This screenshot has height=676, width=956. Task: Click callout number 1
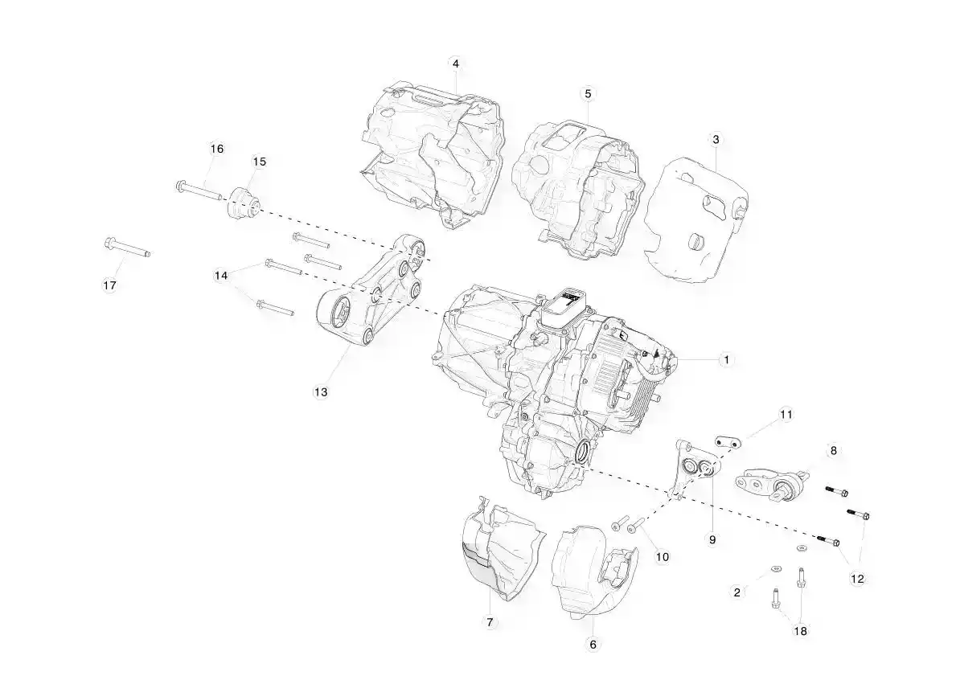tap(725, 359)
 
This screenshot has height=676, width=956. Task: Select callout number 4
tap(455, 64)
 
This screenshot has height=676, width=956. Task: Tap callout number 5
tap(588, 93)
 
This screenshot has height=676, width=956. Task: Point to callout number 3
tap(716, 139)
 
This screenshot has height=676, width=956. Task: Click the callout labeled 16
tap(217, 148)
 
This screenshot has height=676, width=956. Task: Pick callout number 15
tap(259, 162)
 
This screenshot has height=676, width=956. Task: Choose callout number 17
tap(109, 285)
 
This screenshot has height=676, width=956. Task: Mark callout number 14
tap(221, 276)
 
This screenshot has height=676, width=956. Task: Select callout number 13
tap(321, 392)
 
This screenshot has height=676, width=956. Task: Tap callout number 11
tap(786, 415)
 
